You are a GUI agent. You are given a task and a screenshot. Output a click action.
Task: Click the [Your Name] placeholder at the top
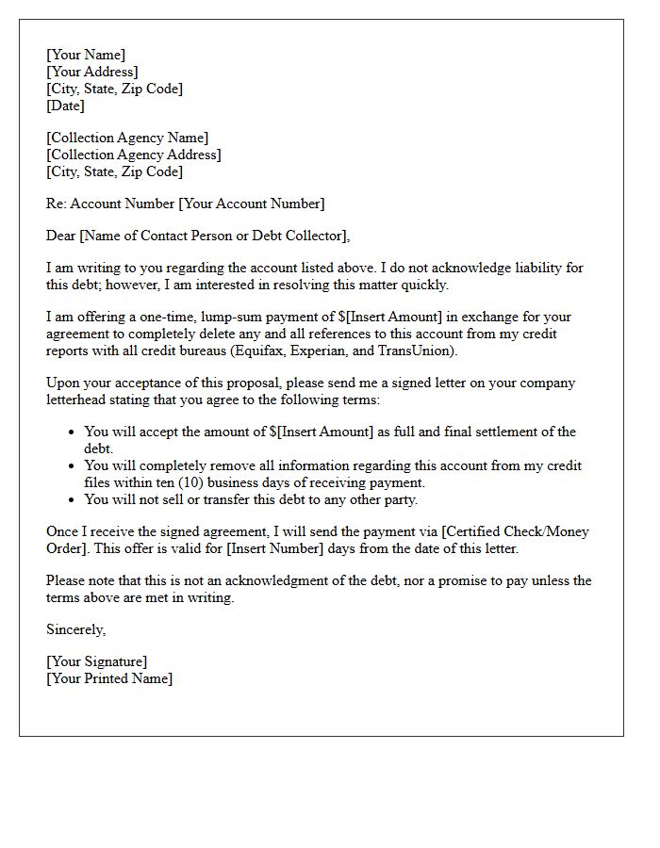[86, 55]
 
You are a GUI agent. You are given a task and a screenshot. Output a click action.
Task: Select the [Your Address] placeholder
[92, 72]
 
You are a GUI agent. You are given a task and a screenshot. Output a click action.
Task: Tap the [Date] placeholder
[65, 106]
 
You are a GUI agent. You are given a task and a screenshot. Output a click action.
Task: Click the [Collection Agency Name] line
[127, 138]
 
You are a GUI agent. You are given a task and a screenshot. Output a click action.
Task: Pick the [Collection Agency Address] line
[134, 155]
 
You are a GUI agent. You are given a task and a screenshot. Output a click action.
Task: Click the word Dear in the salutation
[62, 236]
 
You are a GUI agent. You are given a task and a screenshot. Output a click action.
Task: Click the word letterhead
[78, 400]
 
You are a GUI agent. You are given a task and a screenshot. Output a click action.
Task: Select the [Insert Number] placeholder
[272, 548]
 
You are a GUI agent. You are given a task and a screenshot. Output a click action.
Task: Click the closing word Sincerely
[76, 629]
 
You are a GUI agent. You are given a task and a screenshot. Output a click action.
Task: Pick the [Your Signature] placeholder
[96, 661]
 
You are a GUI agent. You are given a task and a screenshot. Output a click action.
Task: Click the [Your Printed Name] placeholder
[109, 678]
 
